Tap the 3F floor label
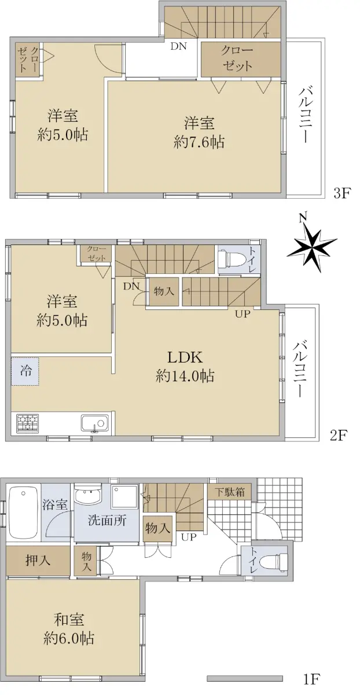(x=342, y=193)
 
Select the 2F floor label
(x=337, y=436)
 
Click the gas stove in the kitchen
(x=28, y=423)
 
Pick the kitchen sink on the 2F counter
(x=95, y=423)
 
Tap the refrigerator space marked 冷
(x=25, y=371)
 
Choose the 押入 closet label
(x=38, y=560)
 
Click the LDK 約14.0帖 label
(x=185, y=367)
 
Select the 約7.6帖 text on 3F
(x=199, y=142)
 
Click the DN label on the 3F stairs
(x=178, y=46)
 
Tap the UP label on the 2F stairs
(x=242, y=314)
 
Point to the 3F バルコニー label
(x=305, y=115)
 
